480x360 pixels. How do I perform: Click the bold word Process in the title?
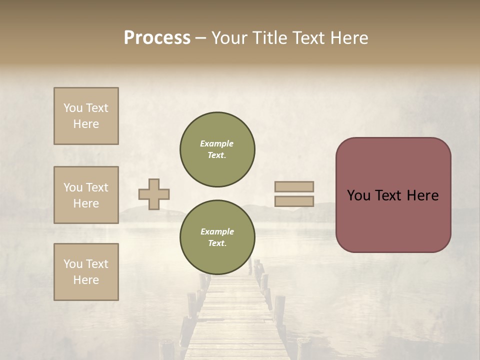[157, 38]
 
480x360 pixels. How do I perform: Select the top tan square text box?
[86, 116]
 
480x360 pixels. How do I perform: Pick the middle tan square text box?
[86, 195]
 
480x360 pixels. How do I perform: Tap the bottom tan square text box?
[86, 272]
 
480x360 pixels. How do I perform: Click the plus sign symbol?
[154, 194]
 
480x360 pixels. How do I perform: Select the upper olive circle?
[217, 149]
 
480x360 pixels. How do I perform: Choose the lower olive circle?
[217, 237]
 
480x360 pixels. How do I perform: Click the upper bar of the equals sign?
[294, 186]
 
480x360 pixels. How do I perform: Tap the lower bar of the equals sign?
[294, 201]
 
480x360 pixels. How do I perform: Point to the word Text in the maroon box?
[392, 195]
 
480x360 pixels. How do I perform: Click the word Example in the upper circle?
[217, 143]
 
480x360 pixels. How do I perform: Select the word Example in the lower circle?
[217, 231]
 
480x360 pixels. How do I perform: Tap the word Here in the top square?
[86, 124]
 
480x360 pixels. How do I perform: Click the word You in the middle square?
[72, 187]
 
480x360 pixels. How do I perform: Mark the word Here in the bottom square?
[86, 280]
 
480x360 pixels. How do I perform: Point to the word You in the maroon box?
[358, 195]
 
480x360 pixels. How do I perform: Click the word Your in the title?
[229, 38]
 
